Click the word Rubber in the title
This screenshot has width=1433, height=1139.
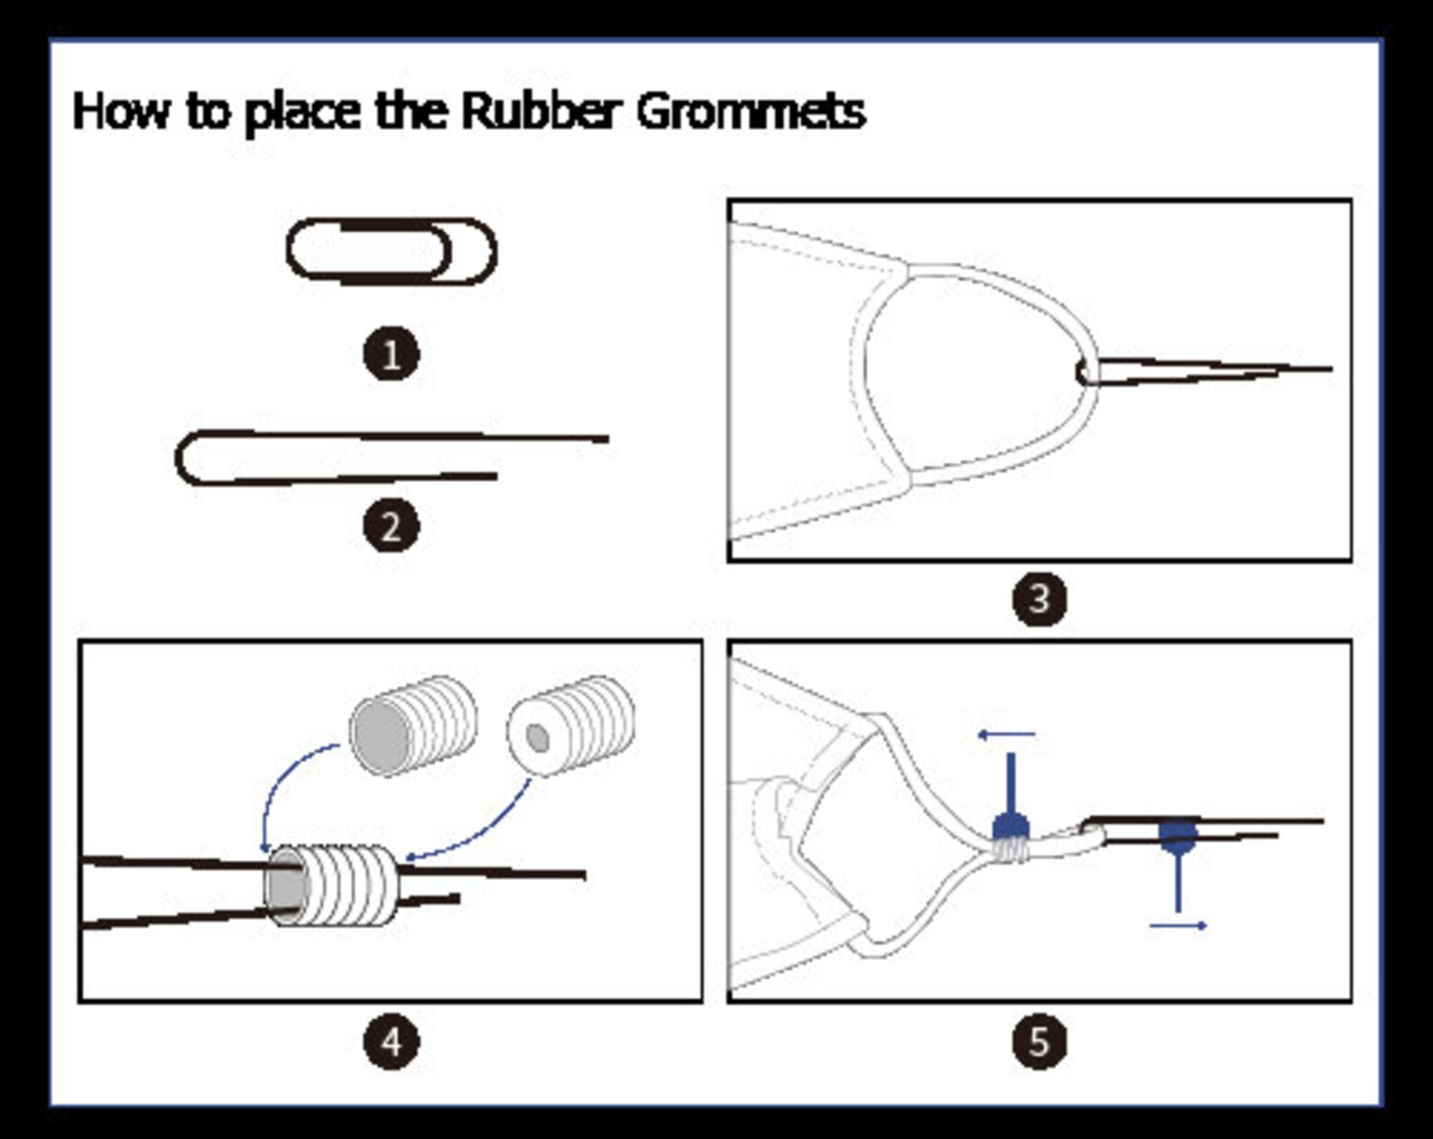(x=542, y=111)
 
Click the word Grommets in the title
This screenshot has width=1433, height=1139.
(x=752, y=111)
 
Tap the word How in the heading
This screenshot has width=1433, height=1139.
(x=121, y=111)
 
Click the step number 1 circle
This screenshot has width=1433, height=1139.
(x=392, y=354)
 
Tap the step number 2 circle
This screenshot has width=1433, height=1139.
(x=392, y=526)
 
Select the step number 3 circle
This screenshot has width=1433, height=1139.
(x=1040, y=598)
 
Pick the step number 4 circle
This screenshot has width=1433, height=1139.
(x=392, y=1042)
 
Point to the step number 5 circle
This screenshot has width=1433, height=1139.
(x=1040, y=1042)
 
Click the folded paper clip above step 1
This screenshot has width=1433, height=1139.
(x=392, y=280)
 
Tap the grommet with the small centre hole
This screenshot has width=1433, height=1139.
(x=570, y=726)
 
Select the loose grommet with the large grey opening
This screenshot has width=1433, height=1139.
(x=413, y=726)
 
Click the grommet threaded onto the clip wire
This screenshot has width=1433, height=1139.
(x=330, y=886)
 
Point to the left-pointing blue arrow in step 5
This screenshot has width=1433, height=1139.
(x=1006, y=735)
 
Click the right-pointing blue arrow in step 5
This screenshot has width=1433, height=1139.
(x=1178, y=925)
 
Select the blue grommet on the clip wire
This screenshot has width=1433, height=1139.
(x=1178, y=837)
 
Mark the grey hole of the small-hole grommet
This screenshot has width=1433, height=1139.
(x=538, y=737)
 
